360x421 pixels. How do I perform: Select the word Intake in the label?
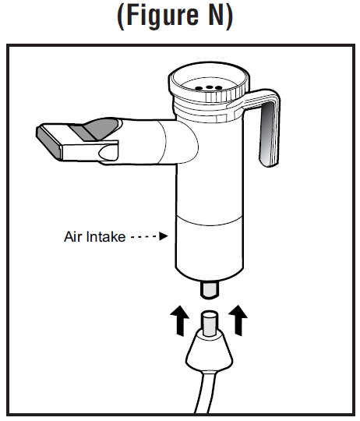[104, 236]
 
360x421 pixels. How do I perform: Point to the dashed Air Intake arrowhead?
[164, 236]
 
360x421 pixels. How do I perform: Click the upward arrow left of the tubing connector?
[180, 320]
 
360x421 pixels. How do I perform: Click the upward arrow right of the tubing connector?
[238, 320]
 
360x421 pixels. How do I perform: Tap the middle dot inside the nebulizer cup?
[210, 87]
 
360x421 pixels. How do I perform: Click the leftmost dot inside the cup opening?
[199, 88]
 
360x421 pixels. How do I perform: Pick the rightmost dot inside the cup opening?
[219, 88]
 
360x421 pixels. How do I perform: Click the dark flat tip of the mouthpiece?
[49, 143]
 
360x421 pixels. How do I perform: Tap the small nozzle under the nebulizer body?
[210, 290]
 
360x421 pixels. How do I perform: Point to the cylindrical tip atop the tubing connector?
[210, 323]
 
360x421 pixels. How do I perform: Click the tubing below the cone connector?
[205, 392]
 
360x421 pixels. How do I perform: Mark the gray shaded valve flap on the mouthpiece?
[96, 129]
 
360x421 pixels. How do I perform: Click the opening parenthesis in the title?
[121, 16]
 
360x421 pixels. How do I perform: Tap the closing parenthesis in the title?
[229, 16]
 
